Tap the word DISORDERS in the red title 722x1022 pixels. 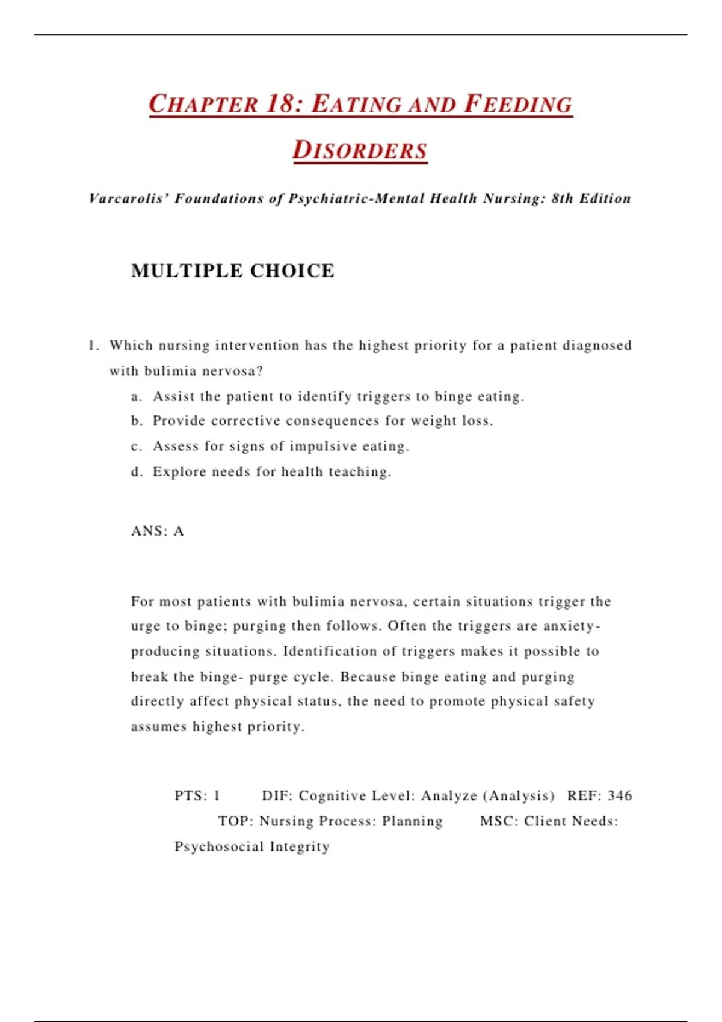click(x=360, y=150)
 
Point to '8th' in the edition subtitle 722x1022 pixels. click(x=562, y=198)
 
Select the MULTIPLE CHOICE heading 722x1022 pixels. click(x=233, y=271)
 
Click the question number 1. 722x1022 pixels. click(x=93, y=346)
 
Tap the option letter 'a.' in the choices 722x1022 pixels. click(x=137, y=397)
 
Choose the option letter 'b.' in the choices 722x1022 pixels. click(x=137, y=421)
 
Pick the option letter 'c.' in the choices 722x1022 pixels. click(x=137, y=447)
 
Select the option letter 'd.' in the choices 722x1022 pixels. click(x=137, y=472)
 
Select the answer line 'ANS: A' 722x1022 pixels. click(x=158, y=531)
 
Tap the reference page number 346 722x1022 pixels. click(x=620, y=796)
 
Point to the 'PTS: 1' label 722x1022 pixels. click(x=197, y=796)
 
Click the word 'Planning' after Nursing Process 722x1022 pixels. click(x=412, y=821)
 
